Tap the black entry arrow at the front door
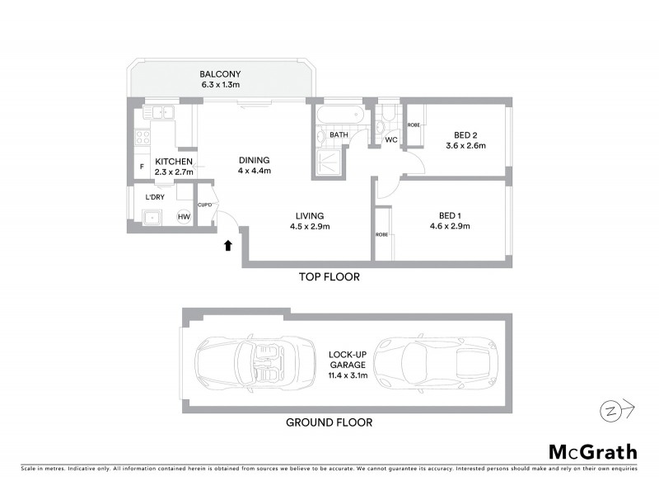[229, 243]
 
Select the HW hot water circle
[184, 217]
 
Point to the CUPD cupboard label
[205, 204]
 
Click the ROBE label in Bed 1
[381, 233]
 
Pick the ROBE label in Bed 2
[414, 125]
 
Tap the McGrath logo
[592, 451]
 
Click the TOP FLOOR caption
[329, 277]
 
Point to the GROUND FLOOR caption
[329, 422]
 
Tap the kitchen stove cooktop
[141, 137]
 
